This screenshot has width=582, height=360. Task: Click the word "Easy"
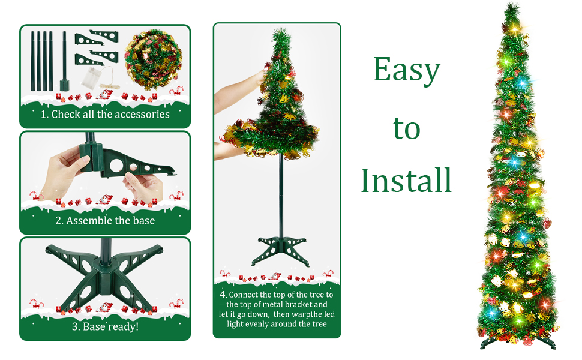click(407, 71)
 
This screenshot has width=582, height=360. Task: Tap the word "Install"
click(406, 179)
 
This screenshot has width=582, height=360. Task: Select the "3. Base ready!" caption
click(105, 327)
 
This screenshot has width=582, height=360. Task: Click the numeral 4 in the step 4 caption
click(223, 295)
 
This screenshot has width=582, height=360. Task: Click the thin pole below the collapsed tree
click(280, 192)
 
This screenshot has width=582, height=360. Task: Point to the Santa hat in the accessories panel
click(106, 94)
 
